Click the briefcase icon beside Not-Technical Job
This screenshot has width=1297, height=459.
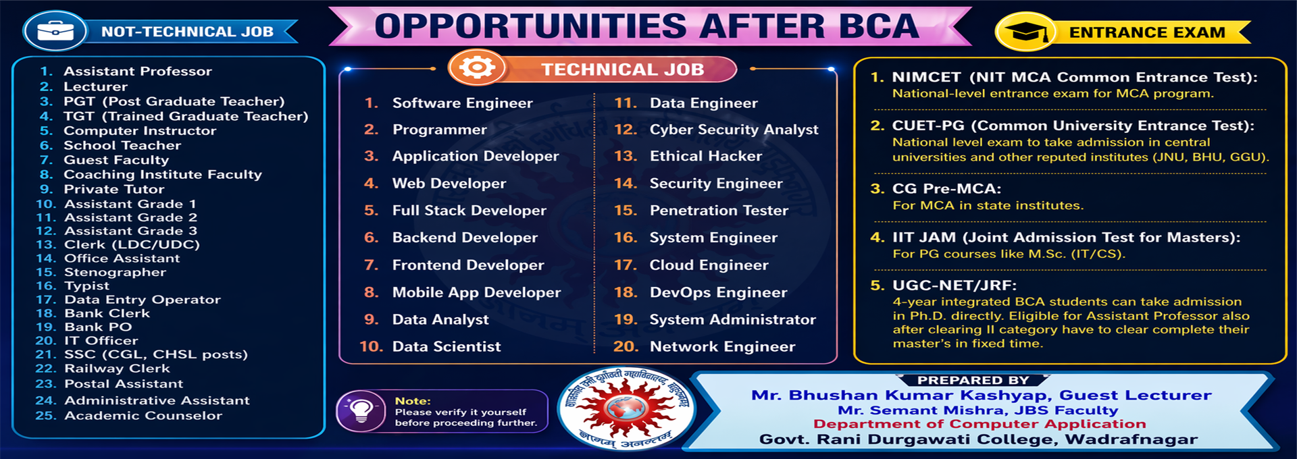[x=55, y=31]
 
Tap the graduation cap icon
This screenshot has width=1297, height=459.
[x=1025, y=32]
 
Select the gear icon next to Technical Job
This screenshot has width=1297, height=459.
[x=477, y=67]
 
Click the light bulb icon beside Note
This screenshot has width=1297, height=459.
[x=361, y=410]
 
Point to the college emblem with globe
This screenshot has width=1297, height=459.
[x=626, y=409]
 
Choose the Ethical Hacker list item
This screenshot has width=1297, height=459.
[x=705, y=156]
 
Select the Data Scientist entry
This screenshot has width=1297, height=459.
[x=447, y=346]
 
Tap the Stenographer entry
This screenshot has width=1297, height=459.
[x=115, y=272]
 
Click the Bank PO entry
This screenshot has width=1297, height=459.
[x=98, y=327]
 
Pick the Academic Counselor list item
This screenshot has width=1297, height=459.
[x=143, y=415]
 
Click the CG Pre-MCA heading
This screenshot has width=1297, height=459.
[x=946, y=189]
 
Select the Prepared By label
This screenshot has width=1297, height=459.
[x=973, y=381]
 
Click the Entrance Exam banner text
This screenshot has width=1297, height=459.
[x=1146, y=32]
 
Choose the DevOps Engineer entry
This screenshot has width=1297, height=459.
[x=718, y=292]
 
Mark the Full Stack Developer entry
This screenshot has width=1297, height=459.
[x=469, y=211]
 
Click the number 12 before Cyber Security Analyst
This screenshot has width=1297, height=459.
[x=626, y=130]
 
